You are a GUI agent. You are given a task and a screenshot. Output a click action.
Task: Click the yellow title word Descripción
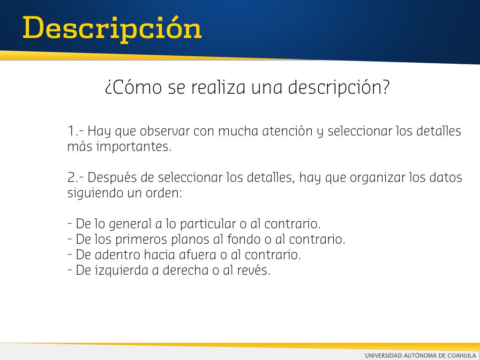point(112,29)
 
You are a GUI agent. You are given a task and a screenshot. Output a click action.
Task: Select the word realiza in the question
point(218,87)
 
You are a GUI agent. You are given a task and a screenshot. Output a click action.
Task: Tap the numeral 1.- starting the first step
point(75,131)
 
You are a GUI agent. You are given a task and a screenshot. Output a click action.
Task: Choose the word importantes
point(134,147)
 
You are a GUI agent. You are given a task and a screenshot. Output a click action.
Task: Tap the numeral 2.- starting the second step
point(75,178)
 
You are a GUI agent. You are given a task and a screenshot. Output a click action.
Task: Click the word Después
point(112,177)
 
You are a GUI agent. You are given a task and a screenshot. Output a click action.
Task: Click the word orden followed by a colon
point(164,193)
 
